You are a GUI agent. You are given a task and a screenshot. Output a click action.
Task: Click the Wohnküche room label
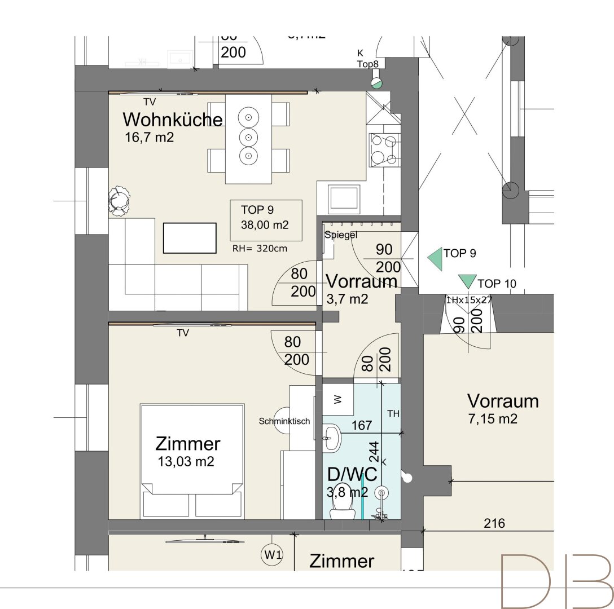[173, 120]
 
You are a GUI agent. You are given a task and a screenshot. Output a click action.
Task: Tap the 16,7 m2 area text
[150, 137]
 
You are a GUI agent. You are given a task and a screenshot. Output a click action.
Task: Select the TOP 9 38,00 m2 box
[265, 217]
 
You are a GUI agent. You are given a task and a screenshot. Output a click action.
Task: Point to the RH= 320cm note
[260, 248]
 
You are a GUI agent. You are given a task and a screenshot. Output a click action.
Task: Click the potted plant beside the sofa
[120, 200]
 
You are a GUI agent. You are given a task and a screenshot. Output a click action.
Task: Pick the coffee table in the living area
[190, 238]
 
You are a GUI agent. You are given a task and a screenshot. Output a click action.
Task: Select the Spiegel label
[341, 235]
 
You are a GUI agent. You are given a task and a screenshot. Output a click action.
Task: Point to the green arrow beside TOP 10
[467, 281]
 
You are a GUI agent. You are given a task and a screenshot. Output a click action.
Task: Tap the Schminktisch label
[284, 421]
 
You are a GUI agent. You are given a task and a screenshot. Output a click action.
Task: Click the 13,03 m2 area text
[187, 462]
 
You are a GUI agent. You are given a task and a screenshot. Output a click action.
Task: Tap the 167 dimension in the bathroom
[362, 425]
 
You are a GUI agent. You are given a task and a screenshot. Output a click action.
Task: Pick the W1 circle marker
[273, 555]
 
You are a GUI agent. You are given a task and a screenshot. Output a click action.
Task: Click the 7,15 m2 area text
[493, 419]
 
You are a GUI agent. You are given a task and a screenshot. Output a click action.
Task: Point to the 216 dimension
[494, 523]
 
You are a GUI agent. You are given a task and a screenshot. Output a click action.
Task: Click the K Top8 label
[367, 59]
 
